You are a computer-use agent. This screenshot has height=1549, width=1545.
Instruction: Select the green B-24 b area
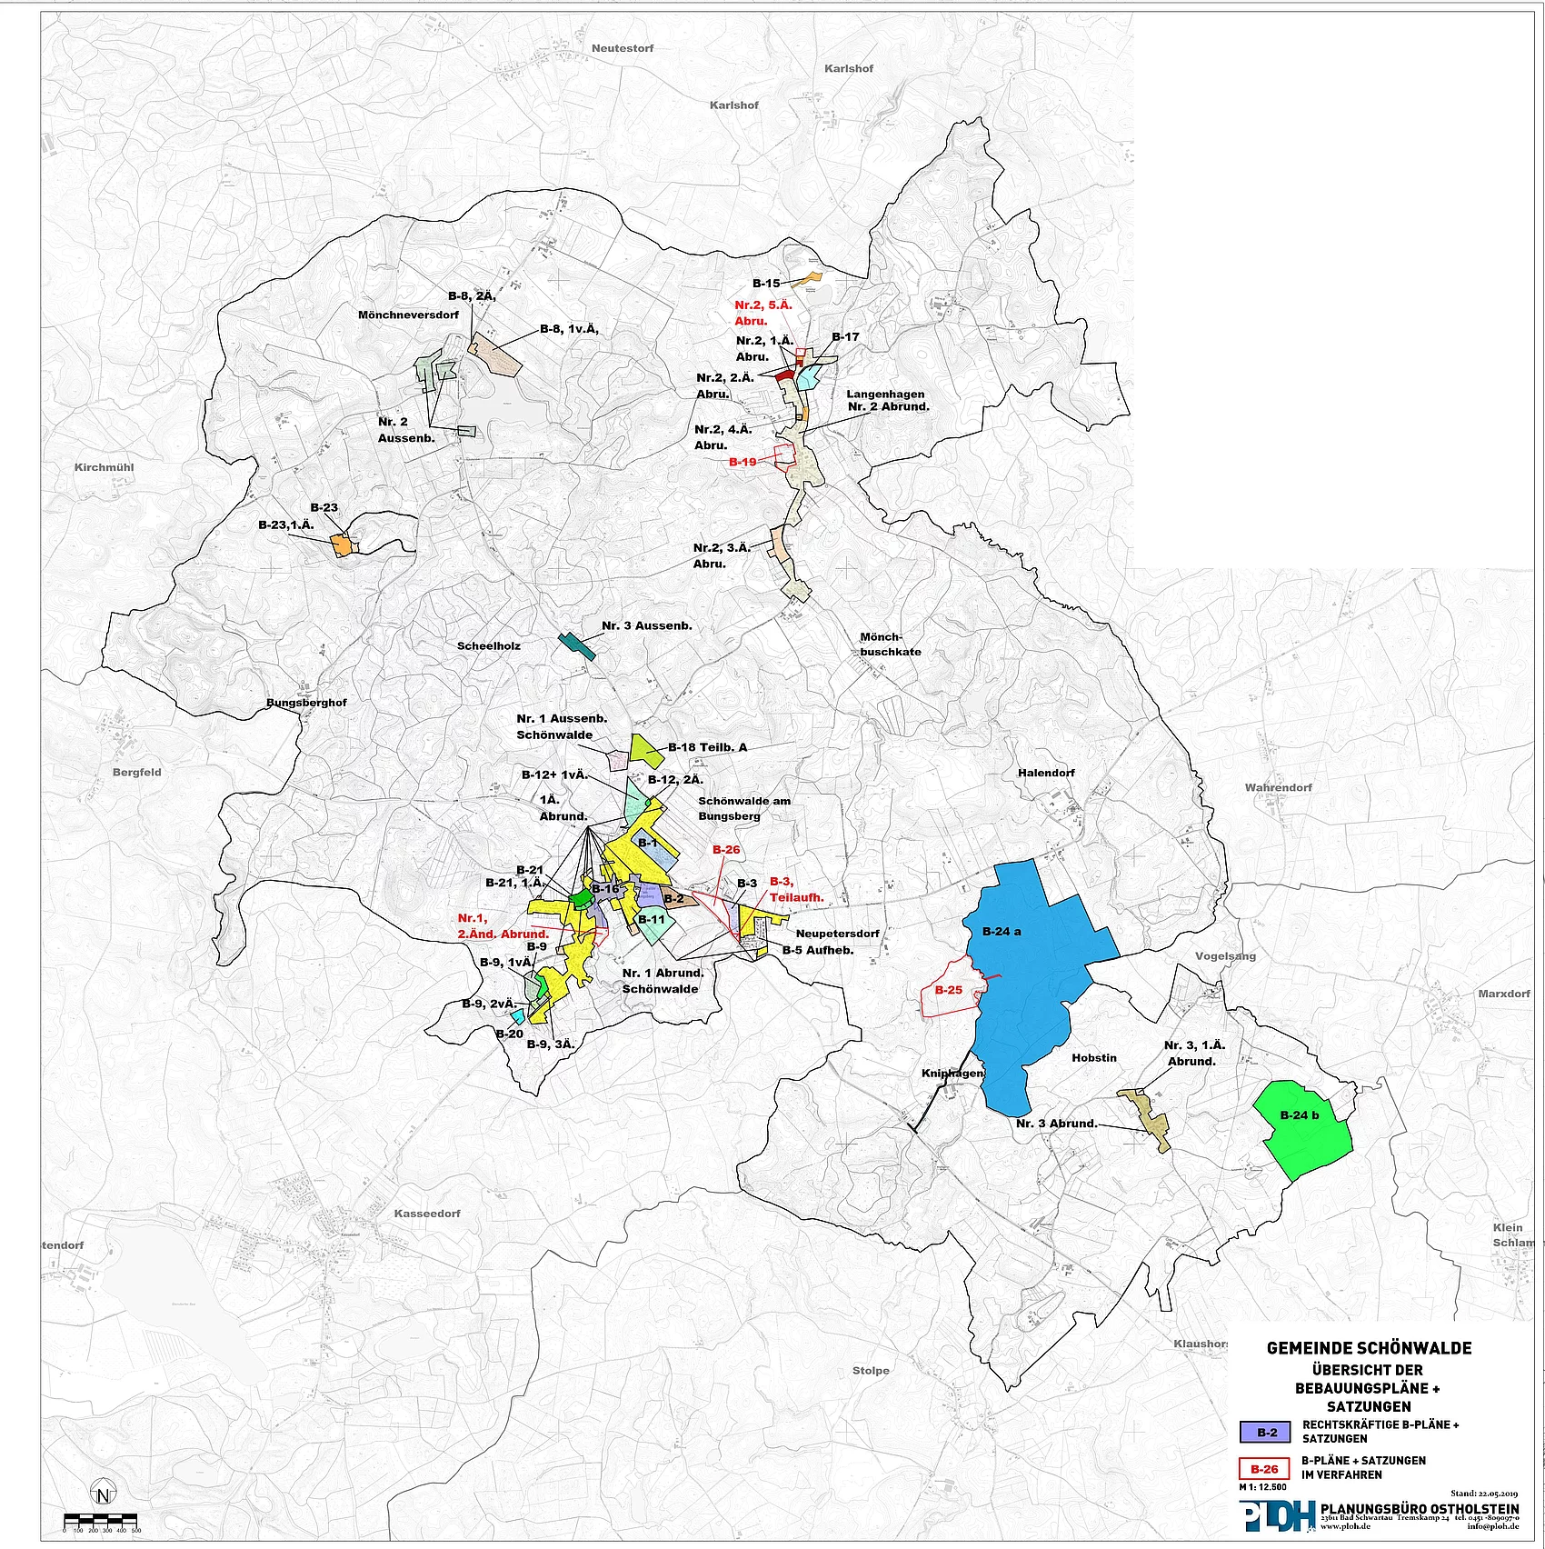pos(1304,1132)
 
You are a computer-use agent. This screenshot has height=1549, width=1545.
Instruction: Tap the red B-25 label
pos(948,990)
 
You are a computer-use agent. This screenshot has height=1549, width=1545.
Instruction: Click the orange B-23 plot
pos(342,545)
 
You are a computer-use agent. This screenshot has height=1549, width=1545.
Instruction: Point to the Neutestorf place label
pos(623,48)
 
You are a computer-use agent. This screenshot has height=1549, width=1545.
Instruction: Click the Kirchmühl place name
pos(104,467)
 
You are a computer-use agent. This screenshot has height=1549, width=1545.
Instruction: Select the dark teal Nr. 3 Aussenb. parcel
pos(576,645)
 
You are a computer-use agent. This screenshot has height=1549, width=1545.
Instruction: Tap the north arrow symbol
pos(104,1494)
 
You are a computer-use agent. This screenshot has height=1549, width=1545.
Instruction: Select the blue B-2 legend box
pos(1265,1433)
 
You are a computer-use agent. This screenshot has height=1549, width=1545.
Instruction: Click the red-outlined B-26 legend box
pos(1264,1469)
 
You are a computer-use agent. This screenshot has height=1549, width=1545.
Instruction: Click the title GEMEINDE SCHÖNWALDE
pos(1369,1349)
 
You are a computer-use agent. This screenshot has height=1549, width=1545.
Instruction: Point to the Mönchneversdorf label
pos(408,315)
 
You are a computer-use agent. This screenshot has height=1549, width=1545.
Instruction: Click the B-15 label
pos(765,284)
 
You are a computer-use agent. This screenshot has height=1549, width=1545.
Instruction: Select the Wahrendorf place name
pos(1278,787)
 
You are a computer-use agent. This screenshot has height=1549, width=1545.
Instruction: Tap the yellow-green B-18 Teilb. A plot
pos(646,749)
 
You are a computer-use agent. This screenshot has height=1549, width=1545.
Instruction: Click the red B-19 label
pos(743,462)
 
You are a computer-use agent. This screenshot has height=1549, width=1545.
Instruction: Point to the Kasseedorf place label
pos(427,1214)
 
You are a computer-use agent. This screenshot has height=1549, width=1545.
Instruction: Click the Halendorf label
pos(1046,773)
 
